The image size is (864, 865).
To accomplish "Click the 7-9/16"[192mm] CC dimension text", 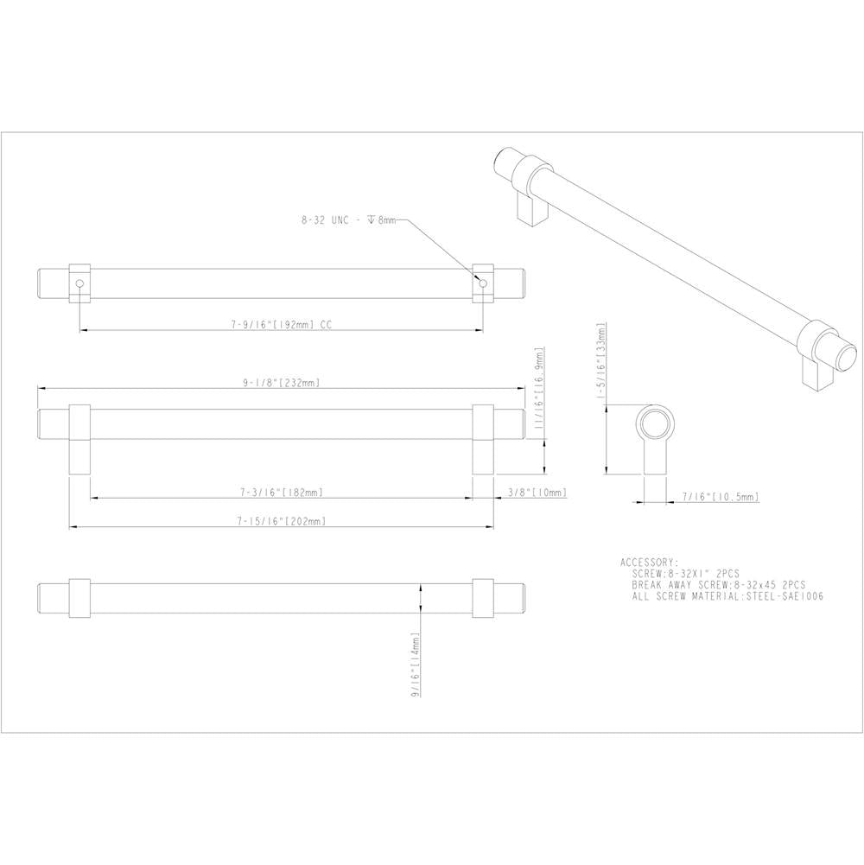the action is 282,324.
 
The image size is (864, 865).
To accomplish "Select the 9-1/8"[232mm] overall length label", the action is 282,382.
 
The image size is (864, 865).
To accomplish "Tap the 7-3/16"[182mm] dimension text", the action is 282,492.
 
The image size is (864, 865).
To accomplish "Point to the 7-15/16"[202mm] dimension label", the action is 282,521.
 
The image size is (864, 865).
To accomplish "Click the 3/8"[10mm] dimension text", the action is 537,492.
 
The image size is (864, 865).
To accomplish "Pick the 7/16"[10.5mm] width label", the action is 721,497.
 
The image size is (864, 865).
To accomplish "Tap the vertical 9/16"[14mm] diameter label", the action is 416,665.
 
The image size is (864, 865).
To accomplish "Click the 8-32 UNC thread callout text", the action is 349,220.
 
